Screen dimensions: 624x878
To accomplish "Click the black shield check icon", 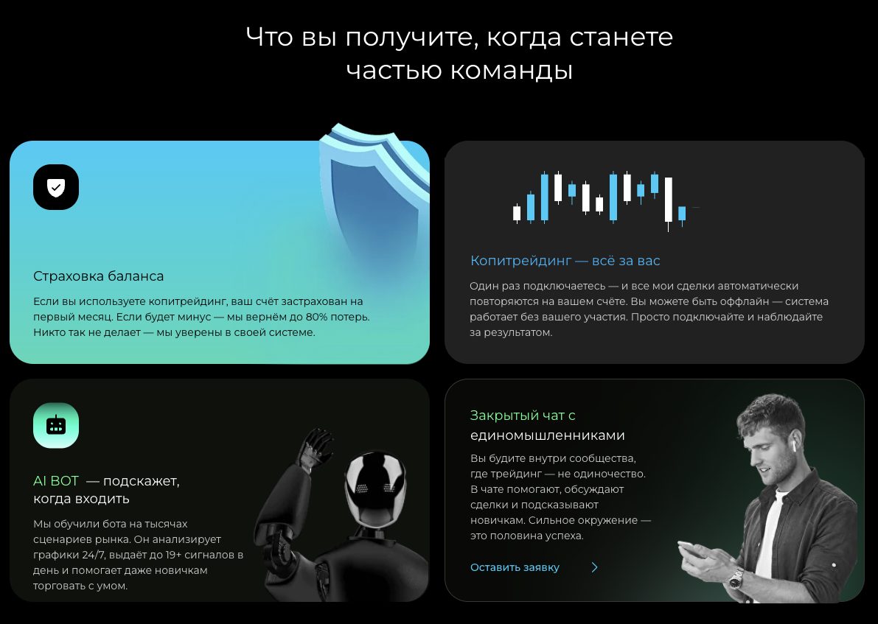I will tap(56, 187).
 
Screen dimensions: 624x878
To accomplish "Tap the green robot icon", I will tap(56, 425).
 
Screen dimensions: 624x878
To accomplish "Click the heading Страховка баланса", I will tap(98, 276).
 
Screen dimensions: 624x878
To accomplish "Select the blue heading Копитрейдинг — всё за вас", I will tap(565, 261).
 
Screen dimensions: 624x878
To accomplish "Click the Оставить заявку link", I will tap(515, 567).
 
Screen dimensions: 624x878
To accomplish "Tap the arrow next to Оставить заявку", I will tap(594, 567).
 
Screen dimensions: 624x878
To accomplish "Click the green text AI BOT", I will tap(56, 481).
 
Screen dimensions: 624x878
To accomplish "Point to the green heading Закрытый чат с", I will tap(523, 416).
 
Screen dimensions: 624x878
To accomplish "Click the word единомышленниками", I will tap(547, 435).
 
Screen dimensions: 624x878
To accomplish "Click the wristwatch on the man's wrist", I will tap(736, 580).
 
